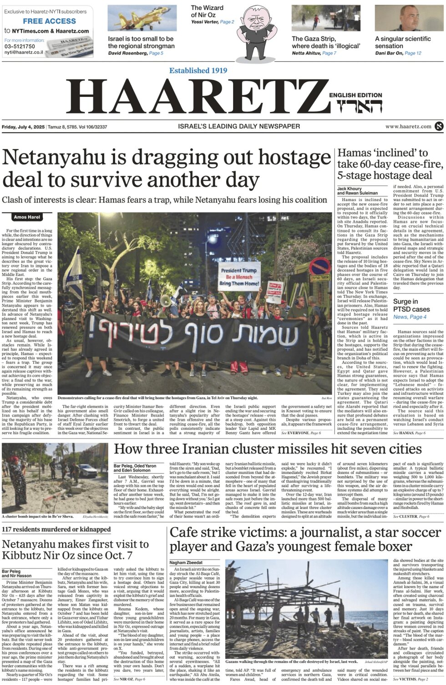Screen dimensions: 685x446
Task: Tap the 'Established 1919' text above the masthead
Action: pyautogui.click(x=198, y=71)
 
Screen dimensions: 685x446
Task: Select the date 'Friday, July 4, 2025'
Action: pyautogui.click(x=23, y=126)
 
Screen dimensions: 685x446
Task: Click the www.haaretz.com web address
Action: pyautogui.click(x=408, y=126)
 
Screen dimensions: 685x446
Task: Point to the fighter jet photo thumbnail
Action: pyautogui.click(x=142, y=18)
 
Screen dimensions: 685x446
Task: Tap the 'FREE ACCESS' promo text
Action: pyautogui.click(x=50, y=21)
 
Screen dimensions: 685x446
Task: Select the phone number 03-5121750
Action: pyautogui.click(x=20, y=46)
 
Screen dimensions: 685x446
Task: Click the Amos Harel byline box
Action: pyautogui.click(x=27, y=217)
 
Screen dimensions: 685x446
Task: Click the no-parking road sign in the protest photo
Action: pyautogui.click(x=320, y=267)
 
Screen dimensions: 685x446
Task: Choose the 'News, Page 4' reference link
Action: pyautogui.click(x=410, y=317)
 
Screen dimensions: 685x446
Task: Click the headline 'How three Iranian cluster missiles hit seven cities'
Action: pyautogui.click(x=268, y=449)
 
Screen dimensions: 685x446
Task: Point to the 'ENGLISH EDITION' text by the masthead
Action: pyautogui.click(x=355, y=95)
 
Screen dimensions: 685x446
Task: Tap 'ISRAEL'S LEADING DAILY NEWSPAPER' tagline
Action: pyautogui.click(x=239, y=126)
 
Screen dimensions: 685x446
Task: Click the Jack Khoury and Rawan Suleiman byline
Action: pyautogui.click(x=356, y=191)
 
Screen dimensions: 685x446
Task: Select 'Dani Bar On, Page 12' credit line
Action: pyautogui.click(x=398, y=53)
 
